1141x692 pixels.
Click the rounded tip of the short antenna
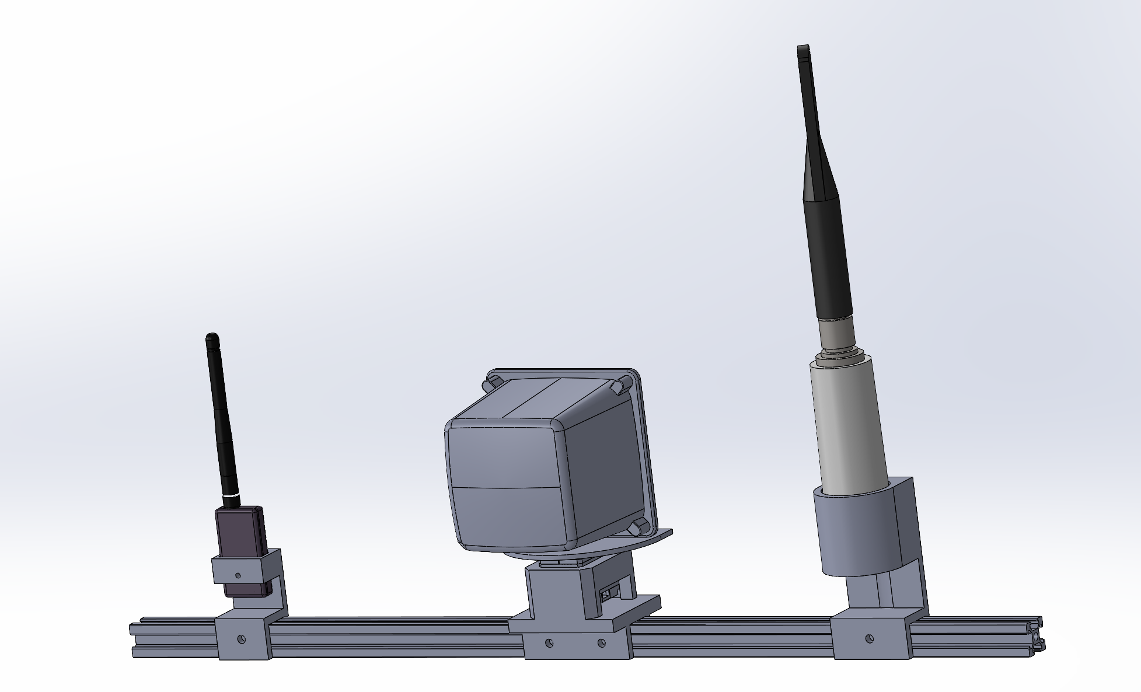[x=212, y=338]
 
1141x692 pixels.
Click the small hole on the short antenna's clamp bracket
[x=238, y=576]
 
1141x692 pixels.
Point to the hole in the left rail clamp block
[x=242, y=639]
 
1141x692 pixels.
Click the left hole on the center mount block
[x=549, y=643]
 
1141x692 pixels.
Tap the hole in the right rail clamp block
[x=869, y=639]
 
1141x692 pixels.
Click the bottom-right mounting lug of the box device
[x=638, y=527]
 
